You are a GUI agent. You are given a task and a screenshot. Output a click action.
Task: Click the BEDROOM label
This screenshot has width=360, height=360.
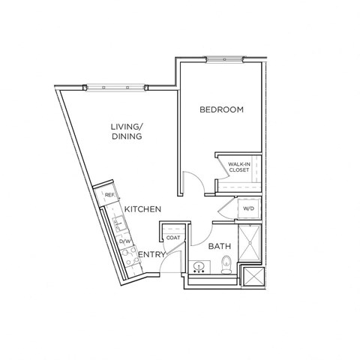(221, 110)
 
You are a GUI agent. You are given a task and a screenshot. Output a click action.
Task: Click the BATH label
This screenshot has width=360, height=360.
(220, 245)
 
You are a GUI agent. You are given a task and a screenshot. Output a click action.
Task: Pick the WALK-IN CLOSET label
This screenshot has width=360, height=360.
(239, 166)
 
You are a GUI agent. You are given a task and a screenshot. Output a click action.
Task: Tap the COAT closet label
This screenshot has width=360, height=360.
(173, 238)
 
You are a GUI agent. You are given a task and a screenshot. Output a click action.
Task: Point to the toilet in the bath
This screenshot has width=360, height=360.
(226, 263)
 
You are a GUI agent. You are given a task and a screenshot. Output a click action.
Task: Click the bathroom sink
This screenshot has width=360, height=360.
(200, 265)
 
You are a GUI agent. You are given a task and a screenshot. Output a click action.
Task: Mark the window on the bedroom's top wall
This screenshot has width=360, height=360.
(225, 58)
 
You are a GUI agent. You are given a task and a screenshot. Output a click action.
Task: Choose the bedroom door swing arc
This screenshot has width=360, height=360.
(194, 184)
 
